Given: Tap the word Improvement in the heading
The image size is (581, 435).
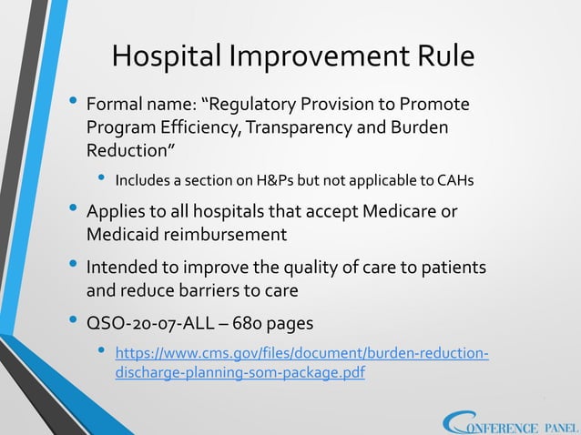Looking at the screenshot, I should coord(319,56).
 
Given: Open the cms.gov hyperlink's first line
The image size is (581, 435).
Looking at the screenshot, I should coord(301,353).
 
